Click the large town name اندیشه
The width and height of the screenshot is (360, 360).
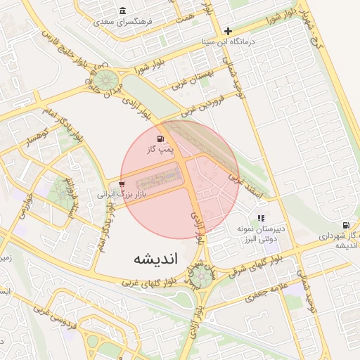156,259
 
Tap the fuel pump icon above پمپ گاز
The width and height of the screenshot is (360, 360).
161,137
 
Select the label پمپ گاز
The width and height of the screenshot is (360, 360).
160,149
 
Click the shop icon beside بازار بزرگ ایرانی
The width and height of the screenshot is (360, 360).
122,184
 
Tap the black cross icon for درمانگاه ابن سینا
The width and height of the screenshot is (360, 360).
228,31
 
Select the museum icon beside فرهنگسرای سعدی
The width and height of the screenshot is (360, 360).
123,11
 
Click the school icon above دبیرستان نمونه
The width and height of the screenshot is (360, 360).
261,219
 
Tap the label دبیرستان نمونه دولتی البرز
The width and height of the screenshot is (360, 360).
261,233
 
